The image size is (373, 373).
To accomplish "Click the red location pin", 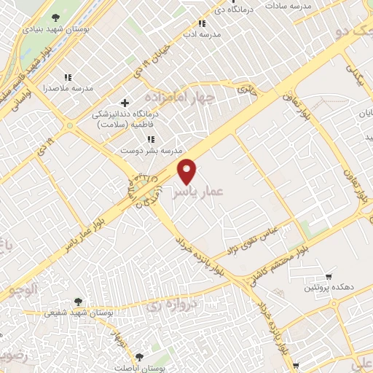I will point(188,170).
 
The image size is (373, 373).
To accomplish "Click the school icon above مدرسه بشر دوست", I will point(151,139).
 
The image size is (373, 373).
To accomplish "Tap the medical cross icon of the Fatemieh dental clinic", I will point(125,103).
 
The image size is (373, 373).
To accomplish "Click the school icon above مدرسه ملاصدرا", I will point(68,77).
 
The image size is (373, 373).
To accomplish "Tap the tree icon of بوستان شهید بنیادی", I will point(57,17).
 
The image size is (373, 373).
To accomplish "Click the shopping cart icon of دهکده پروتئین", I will point(329,277).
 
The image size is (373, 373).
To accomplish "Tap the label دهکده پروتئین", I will point(321,288).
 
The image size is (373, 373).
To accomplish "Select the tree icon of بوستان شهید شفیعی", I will point(78,301).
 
